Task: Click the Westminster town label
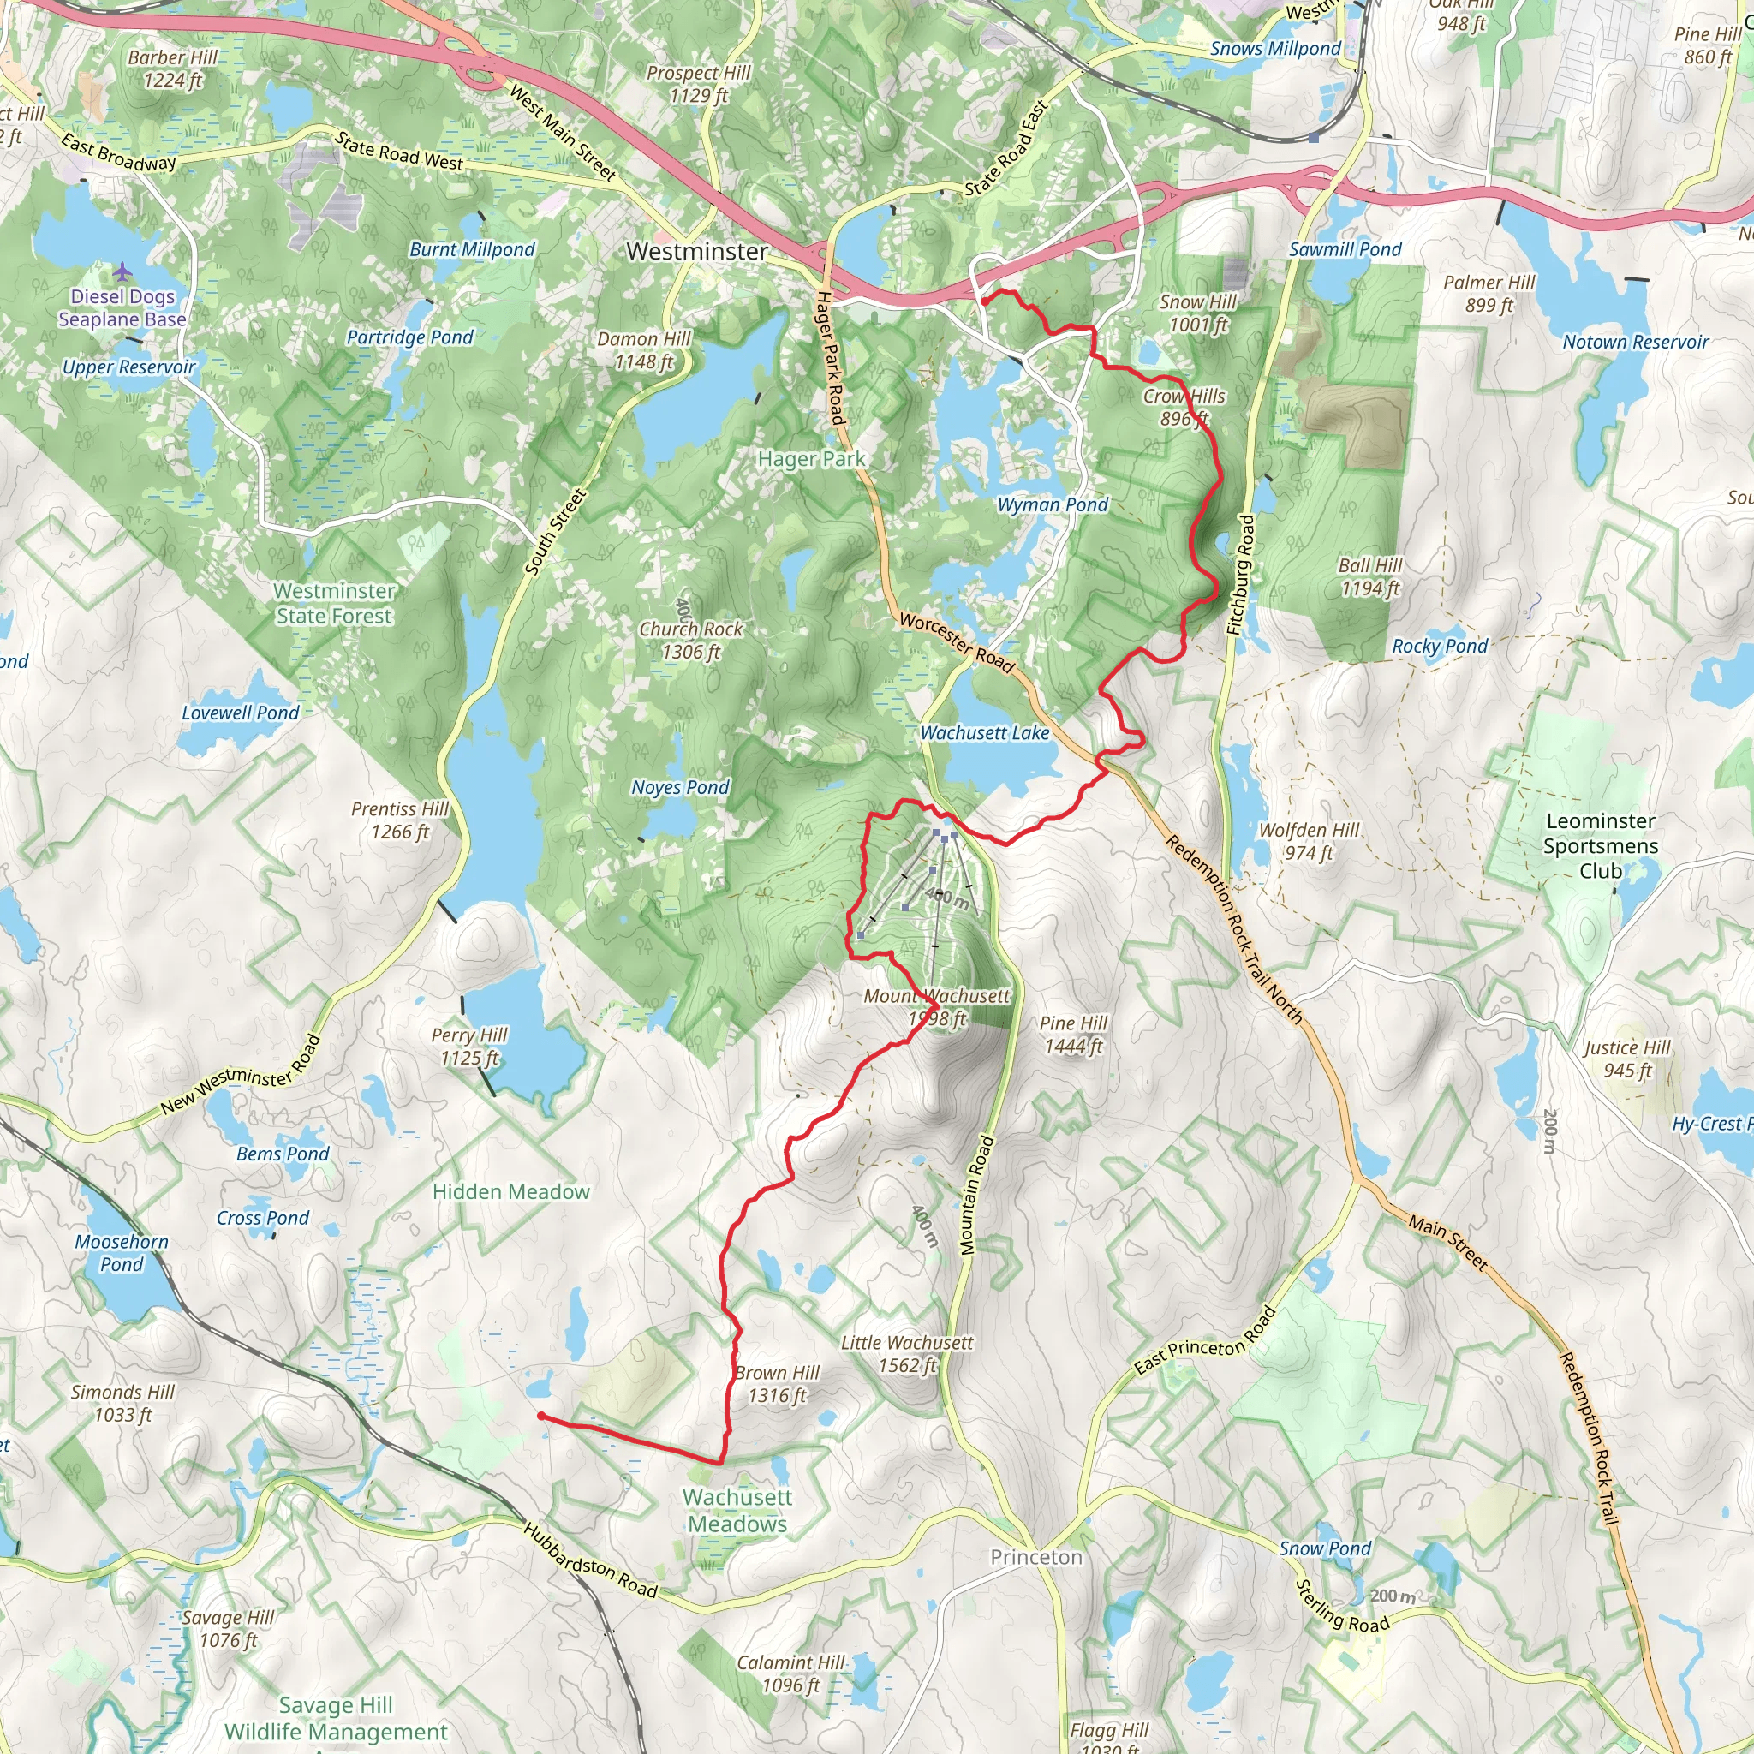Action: coord(696,251)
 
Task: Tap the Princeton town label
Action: coord(1036,1557)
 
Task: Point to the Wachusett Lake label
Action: coord(984,732)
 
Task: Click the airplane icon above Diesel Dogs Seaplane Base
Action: coord(122,271)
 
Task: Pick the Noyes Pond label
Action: coord(680,787)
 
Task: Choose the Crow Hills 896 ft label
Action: coord(1184,407)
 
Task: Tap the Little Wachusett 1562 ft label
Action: coord(907,1354)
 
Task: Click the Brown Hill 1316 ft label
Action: coord(777,1384)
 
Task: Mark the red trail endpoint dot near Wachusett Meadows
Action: coord(541,1416)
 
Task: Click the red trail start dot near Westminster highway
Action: coord(984,301)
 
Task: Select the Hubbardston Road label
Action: coord(589,1559)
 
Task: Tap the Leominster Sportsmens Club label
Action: coord(1601,845)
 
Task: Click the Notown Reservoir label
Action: coord(1635,343)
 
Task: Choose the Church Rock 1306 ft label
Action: coord(691,640)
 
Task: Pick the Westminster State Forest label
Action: coord(334,603)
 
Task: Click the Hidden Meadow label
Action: coord(510,1192)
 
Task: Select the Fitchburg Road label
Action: coord(1240,576)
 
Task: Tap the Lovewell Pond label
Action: coord(241,713)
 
